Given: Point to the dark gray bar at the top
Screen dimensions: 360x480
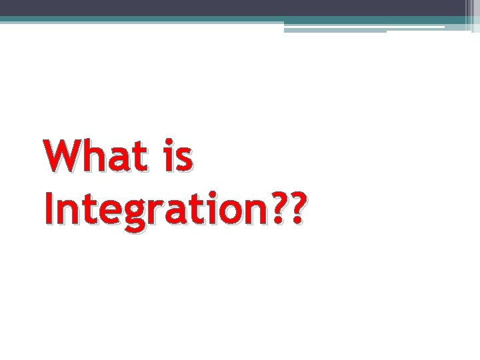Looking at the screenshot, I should pos(233,7).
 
